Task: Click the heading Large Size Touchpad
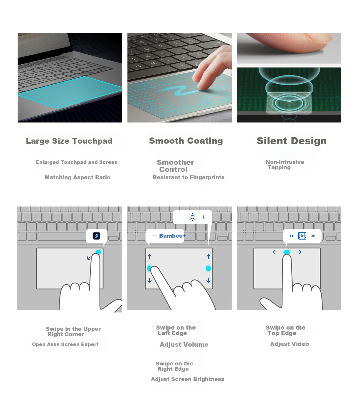coord(69,141)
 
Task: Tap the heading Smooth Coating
coord(186,141)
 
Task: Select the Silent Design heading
coord(292,141)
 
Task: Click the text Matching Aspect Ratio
coord(78,177)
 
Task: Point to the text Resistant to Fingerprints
coord(189,177)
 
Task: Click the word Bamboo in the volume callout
coord(171,236)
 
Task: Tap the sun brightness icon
coord(192,217)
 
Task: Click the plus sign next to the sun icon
coord(203,217)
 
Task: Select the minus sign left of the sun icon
coord(181,217)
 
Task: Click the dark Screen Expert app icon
coord(96,236)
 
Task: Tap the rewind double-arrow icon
coord(291,236)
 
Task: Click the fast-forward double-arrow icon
coord(313,236)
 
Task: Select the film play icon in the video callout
coord(302,236)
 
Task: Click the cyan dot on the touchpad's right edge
coord(208,268)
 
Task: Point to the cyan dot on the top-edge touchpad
coord(287,252)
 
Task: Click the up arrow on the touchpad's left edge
coord(149,256)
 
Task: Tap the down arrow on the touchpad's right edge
coord(208,280)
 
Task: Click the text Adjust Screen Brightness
coord(187,379)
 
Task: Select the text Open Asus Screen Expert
coord(65,344)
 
